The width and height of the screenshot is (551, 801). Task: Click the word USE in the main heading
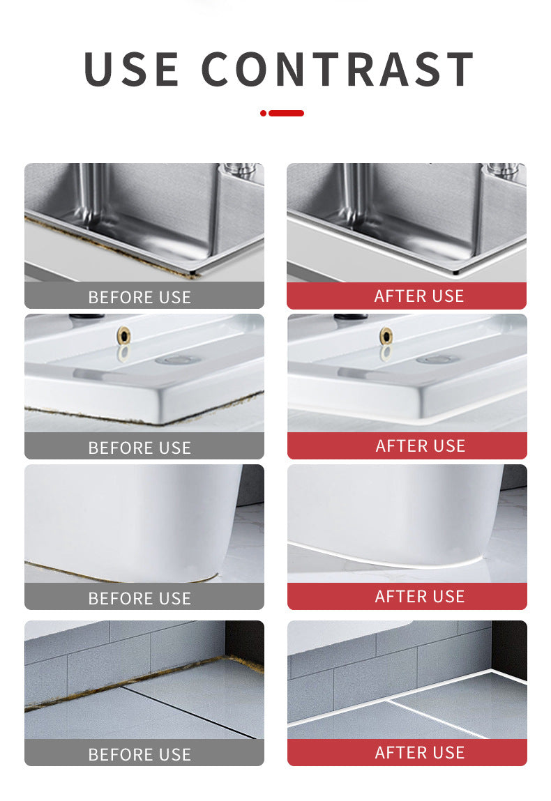point(131,69)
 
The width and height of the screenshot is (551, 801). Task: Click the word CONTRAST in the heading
point(338,69)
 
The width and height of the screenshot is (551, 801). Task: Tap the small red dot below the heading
point(263,113)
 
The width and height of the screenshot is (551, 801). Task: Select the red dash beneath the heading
point(286,113)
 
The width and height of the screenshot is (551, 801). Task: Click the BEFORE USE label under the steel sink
point(139,297)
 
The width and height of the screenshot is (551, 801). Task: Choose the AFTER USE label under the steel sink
point(419,296)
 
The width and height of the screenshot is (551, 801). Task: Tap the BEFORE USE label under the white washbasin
point(139,448)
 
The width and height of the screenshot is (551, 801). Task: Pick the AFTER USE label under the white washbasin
point(420,446)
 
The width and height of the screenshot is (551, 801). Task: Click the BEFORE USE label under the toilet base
point(139,598)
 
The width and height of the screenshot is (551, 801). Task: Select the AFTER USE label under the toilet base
point(420,596)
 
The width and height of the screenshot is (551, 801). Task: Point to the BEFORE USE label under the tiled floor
point(139,754)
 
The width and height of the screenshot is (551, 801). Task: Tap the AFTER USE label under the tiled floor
point(420,752)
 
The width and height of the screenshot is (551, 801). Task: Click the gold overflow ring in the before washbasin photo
point(123,335)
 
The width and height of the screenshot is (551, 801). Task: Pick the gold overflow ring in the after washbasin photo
point(386,335)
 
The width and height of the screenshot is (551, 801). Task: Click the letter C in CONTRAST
point(217,69)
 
